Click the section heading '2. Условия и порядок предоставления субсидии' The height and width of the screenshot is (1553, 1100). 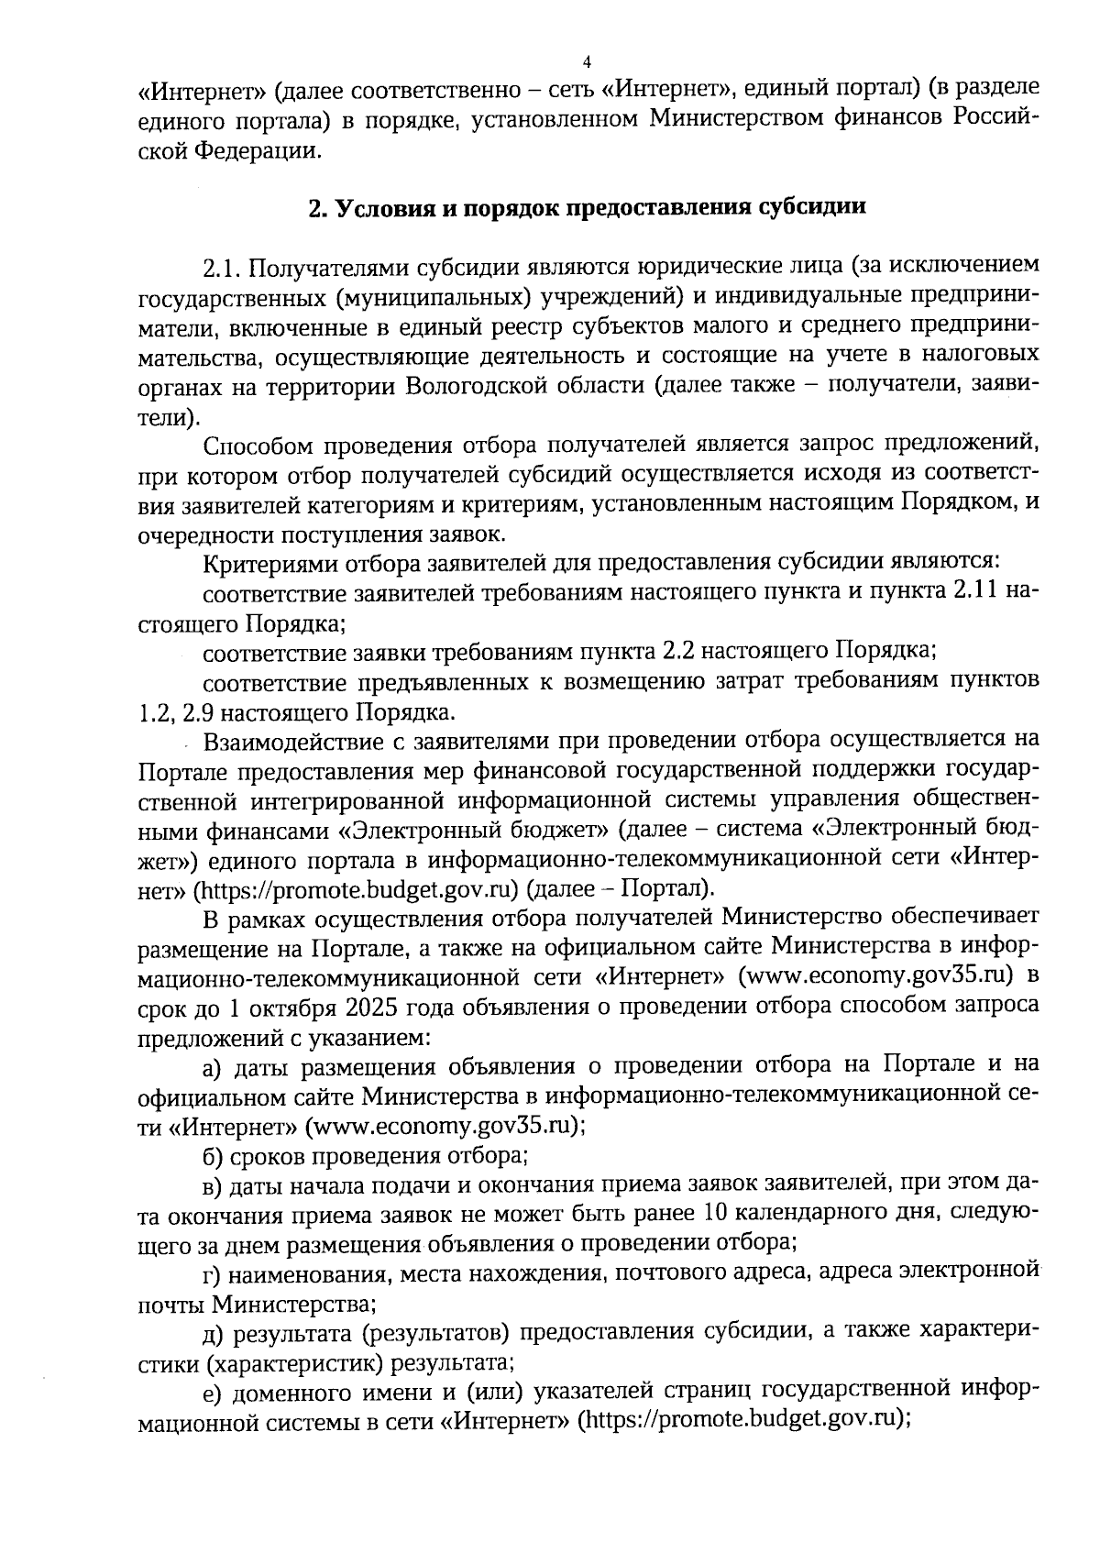[588, 207]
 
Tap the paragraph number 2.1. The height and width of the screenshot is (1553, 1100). [221, 267]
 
